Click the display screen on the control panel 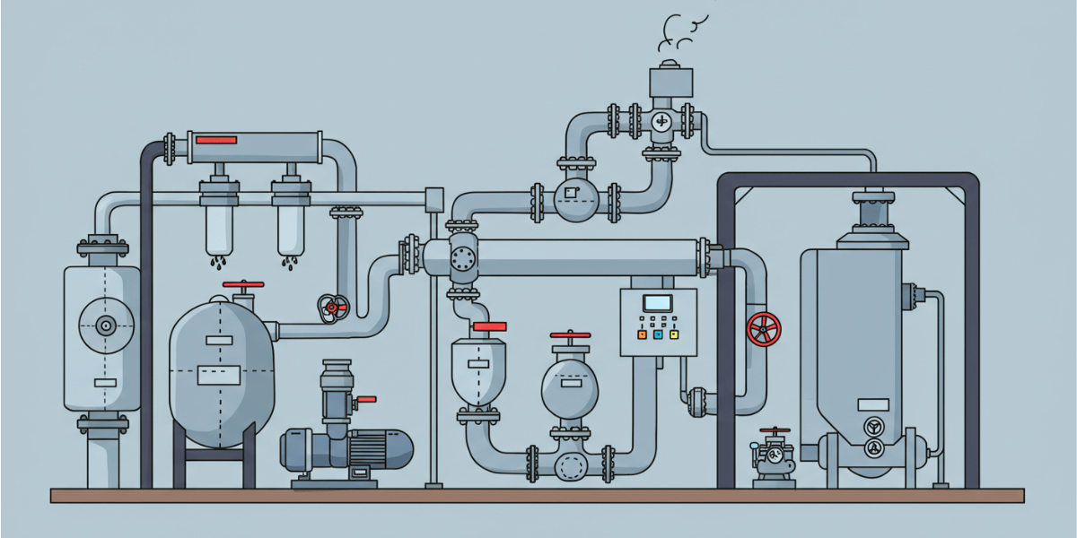[658, 303]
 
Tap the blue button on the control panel [658, 334]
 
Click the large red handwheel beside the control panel [763, 329]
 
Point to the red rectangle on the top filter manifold [215, 140]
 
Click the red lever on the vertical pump [366, 399]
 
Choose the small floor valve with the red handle [773, 455]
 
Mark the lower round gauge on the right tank [871, 448]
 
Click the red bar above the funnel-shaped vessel [490, 327]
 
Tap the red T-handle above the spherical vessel [571, 335]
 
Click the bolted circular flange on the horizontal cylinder [463, 259]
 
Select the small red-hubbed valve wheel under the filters [332, 308]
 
